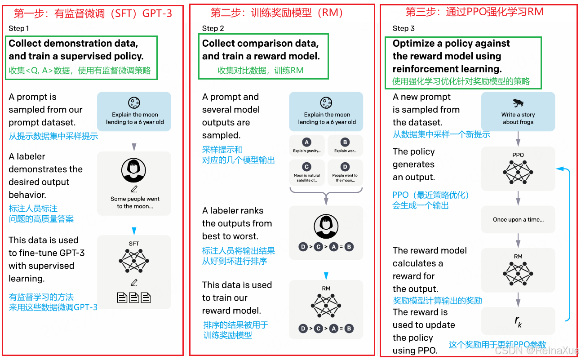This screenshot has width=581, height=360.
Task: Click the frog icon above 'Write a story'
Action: pyautogui.click(x=518, y=103)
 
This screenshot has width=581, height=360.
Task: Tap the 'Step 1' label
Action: pyautogui.click(x=19, y=28)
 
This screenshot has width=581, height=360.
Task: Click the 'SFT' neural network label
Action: pyautogui.click(x=134, y=244)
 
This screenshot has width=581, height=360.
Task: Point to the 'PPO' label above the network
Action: pyautogui.click(x=518, y=155)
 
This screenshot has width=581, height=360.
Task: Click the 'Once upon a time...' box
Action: pyautogui.click(x=518, y=220)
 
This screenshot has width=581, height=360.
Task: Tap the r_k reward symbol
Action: pyautogui.click(x=518, y=321)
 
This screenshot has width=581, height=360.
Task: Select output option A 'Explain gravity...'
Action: pyautogui.click(x=307, y=146)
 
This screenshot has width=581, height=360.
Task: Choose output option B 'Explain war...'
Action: pyautogui.click(x=345, y=146)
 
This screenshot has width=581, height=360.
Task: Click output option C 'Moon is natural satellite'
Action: pyautogui.click(x=307, y=171)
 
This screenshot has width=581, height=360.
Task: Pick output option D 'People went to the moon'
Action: pyautogui.click(x=345, y=171)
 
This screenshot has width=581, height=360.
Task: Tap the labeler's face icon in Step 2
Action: pyautogui.click(x=326, y=226)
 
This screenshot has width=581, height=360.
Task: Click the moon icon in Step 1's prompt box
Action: pyautogui.click(x=134, y=103)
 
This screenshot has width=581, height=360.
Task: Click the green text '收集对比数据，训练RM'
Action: pyautogui.click(x=261, y=71)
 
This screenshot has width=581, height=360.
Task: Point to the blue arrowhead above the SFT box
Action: pyautogui.click(x=134, y=231)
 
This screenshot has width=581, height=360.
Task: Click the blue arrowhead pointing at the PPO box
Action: pyautogui.click(x=560, y=169)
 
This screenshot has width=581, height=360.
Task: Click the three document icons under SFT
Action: pyautogui.click(x=134, y=297)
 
